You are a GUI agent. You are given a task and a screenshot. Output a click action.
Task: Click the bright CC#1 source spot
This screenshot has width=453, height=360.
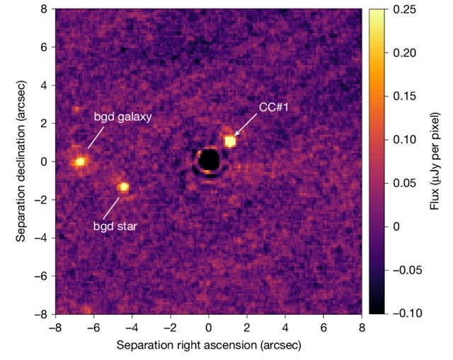230,141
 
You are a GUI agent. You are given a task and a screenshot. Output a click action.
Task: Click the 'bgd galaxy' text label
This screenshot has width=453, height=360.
122,117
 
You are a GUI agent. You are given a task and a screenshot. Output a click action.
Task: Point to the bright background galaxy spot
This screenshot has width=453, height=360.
79,162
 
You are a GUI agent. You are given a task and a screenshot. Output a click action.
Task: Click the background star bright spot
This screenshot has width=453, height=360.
124,187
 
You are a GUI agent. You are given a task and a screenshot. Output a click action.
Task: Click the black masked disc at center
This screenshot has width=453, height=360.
209,161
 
